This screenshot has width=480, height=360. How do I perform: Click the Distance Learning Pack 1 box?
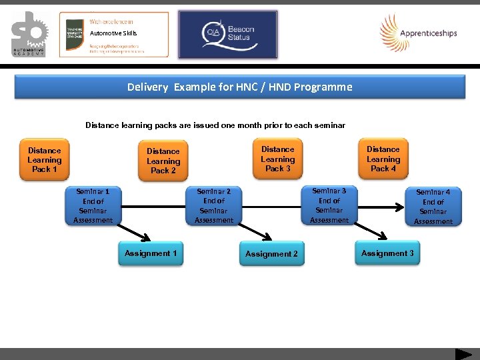[x=45, y=160]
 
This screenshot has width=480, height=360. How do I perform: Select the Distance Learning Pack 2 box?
[x=163, y=161]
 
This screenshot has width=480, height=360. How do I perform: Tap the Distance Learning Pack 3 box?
[x=277, y=159]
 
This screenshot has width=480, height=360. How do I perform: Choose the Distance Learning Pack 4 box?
[x=383, y=159]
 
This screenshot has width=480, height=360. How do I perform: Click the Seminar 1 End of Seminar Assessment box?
[x=93, y=206]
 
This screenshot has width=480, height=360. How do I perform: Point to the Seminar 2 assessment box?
[x=214, y=206]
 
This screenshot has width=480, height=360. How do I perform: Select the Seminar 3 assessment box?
[x=329, y=205]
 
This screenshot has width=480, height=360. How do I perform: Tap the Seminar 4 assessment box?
[x=433, y=207]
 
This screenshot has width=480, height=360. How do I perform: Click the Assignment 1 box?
[x=151, y=253]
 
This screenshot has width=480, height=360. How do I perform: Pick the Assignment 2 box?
[x=271, y=254]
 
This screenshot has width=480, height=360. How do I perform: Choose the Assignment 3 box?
[x=387, y=253]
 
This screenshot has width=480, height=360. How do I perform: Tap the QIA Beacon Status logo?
[x=229, y=34]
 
